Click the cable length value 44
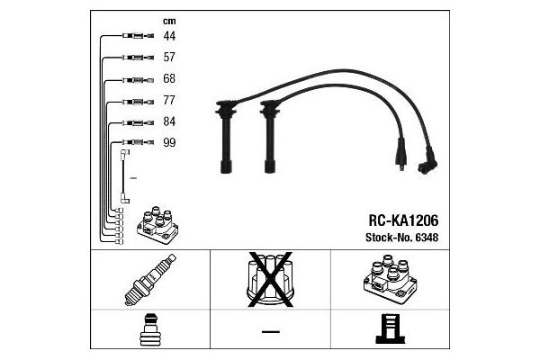click(x=169, y=37)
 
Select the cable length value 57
click(x=169, y=58)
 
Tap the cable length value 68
click(x=169, y=79)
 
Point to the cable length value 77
click(x=169, y=101)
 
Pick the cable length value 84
click(x=169, y=121)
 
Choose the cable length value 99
click(x=169, y=143)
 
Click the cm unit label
click(x=168, y=21)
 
